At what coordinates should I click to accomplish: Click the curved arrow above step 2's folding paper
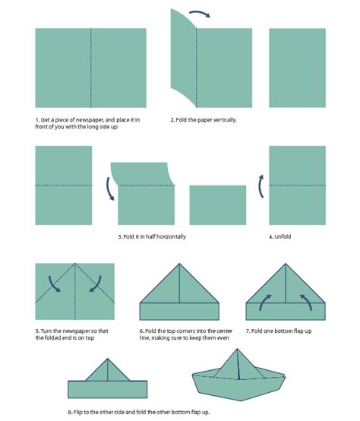(x=200, y=14)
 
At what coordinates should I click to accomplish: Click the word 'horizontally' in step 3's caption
(x=169, y=236)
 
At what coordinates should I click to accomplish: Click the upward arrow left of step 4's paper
(x=260, y=186)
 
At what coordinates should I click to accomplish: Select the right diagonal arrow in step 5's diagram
(x=95, y=283)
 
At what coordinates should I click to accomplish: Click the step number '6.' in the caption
(x=143, y=331)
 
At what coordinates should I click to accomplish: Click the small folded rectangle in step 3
(x=218, y=204)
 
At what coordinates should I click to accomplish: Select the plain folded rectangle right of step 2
(x=297, y=68)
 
